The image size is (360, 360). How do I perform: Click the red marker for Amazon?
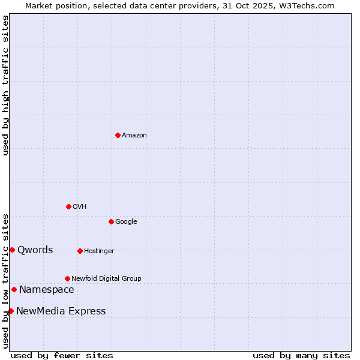tap(118, 135)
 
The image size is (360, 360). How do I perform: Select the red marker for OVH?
tap(68, 206)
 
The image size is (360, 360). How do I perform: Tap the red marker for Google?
tap(111, 221)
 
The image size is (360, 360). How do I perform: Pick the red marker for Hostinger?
tap(80, 251)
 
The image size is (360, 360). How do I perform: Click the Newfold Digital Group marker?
tap(67, 278)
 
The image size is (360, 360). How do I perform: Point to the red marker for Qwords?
tap(12, 250)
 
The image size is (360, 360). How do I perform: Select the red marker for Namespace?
tap(14, 289)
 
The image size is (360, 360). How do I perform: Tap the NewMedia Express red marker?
tap(11, 311)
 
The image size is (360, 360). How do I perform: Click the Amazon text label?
tap(134, 136)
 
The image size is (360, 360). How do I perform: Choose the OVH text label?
tap(80, 207)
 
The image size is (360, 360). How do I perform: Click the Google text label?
tap(126, 222)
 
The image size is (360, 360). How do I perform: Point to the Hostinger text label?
tap(99, 251)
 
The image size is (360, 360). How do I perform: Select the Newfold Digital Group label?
tap(106, 279)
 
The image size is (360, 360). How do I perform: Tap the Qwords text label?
tap(35, 250)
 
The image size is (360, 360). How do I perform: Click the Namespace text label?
tap(47, 290)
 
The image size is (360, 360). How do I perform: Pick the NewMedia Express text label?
tap(61, 311)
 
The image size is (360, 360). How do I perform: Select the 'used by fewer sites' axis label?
tap(62, 355)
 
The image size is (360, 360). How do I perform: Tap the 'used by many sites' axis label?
tap(301, 355)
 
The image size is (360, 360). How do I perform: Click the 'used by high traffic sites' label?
tap(5, 85)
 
